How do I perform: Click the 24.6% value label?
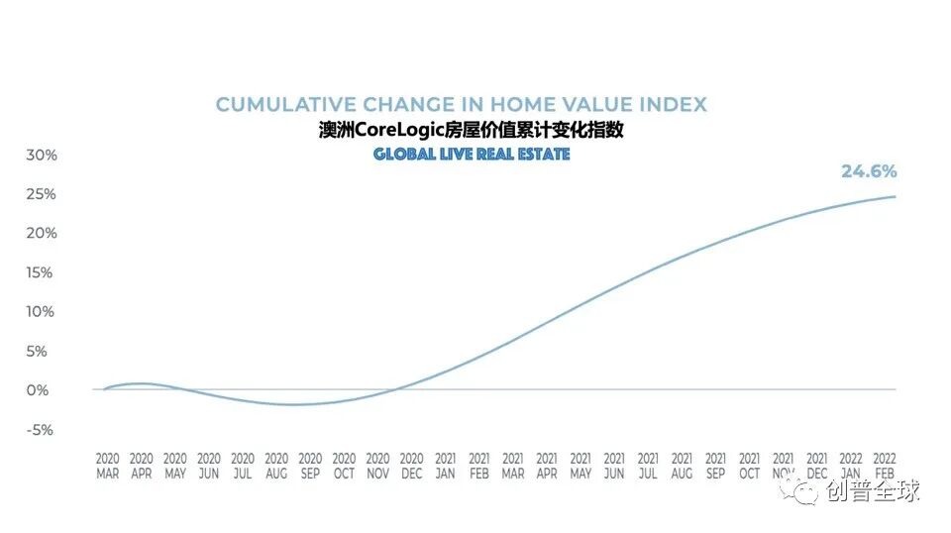(868, 171)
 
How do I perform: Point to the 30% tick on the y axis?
(42, 156)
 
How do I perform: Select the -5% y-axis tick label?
(42, 430)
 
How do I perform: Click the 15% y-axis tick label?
(42, 272)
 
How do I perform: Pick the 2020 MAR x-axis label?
(107, 466)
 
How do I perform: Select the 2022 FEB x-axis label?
(884, 466)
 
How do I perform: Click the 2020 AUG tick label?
(276, 466)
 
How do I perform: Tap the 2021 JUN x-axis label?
(614, 466)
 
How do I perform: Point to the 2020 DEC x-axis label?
(411, 466)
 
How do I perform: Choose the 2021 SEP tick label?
(715, 466)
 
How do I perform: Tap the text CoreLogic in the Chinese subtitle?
(395, 131)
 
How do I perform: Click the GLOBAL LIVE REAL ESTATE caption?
(472, 155)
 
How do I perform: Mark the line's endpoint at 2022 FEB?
(896, 196)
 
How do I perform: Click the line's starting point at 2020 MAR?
(105, 389)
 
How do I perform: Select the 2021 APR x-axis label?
(547, 466)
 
